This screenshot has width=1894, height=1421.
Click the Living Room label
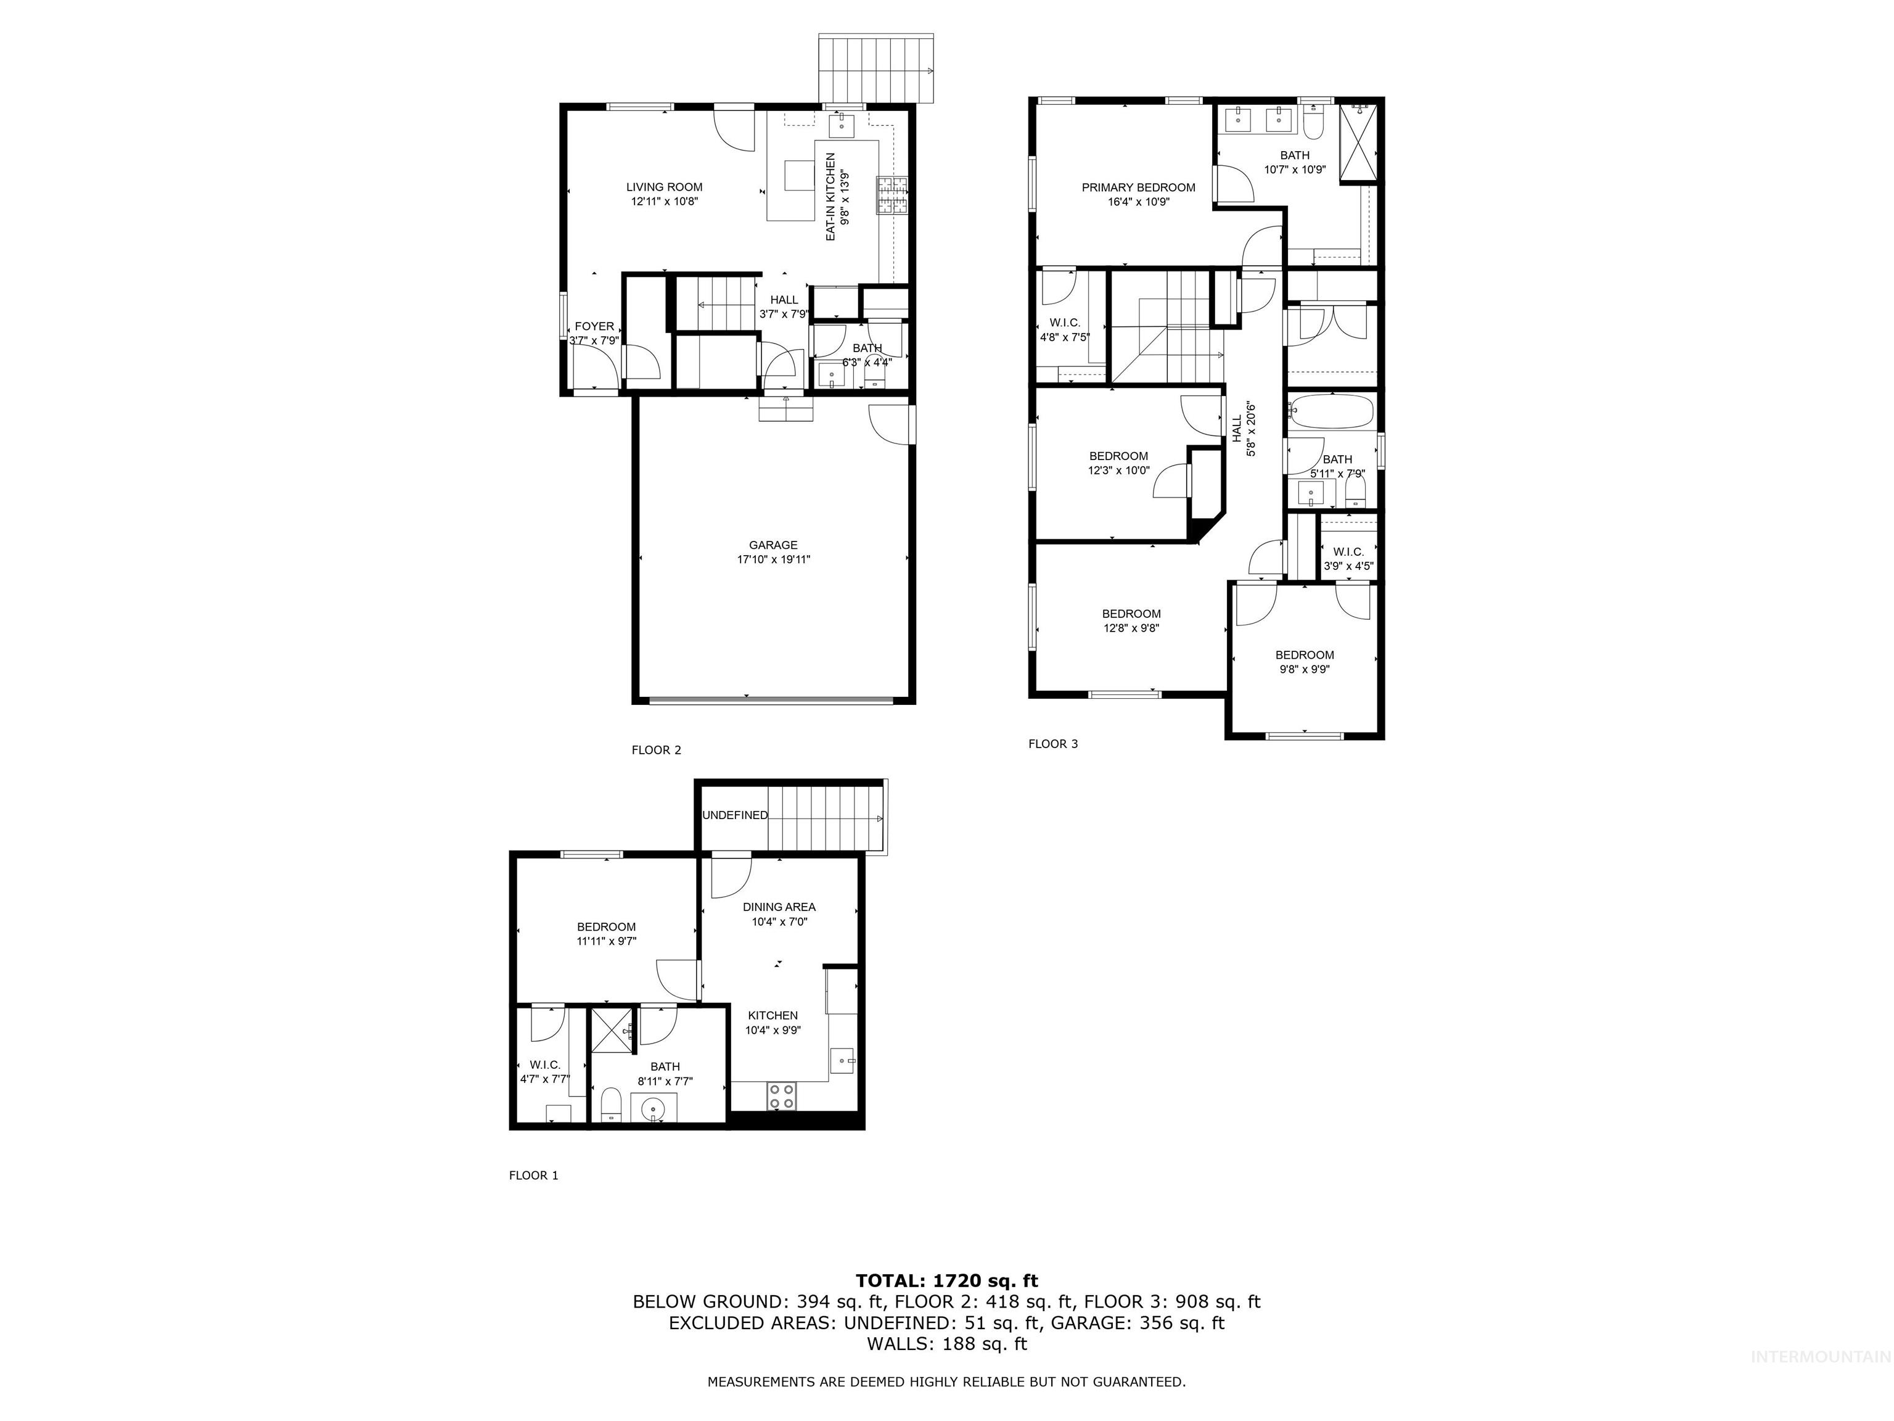(x=663, y=187)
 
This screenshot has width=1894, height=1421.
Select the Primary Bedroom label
(x=1138, y=187)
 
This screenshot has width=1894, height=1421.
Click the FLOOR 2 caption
(x=656, y=749)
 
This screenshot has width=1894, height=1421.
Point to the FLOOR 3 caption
(x=1052, y=743)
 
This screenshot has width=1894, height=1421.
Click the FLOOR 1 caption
(x=533, y=1175)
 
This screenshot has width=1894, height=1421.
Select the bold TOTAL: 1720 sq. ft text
(x=946, y=1280)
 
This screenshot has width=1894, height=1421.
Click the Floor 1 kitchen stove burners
(x=781, y=1097)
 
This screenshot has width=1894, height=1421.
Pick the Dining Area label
(x=778, y=906)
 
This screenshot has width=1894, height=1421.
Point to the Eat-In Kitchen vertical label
(x=830, y=196)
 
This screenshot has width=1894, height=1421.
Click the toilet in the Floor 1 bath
(x=610, y=1105)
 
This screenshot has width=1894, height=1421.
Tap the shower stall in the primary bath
(x=1359, y=143)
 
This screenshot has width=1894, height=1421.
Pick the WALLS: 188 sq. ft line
(x=946, y=1344)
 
